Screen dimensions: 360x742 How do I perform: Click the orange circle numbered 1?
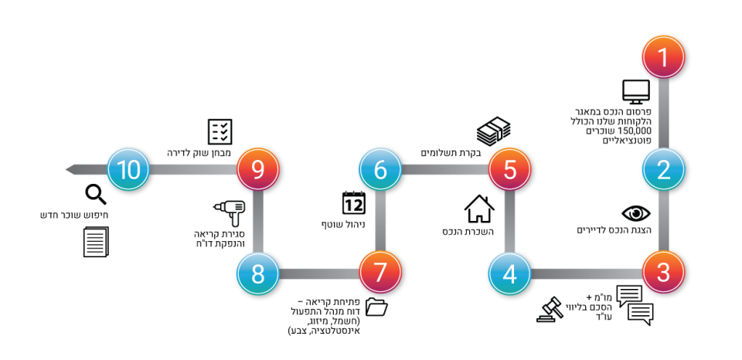pyautogui.click(x=663, y=57)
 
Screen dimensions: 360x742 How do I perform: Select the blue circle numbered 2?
pyautogui.click(x=663, y=169)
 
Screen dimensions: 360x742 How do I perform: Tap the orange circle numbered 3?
pyautogui.click(x=663, y=273)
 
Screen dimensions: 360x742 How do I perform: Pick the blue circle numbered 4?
pyautogui.click(x=509, y=273)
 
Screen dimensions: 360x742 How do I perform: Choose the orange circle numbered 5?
pyautogui.click(x=509, y=169)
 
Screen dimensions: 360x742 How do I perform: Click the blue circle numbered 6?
pyautogui.click(x=380, y=169)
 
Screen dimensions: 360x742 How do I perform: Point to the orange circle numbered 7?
pyautogui.click(x=380, y=273)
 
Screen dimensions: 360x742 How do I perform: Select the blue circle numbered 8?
pyautogui.click(x=257, y=273)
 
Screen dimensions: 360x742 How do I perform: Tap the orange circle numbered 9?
pyautogui.click(x=257, y=169)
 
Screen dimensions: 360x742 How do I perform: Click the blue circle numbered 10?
pyautogui.click(x=128, y=169)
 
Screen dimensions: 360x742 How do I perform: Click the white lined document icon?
pyautogui.click(x=95, y=243)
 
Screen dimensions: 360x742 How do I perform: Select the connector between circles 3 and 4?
pyautogui.click(x=586, y=273)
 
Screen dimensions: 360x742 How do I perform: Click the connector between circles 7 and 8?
pyautogui.click(x=318, y=273)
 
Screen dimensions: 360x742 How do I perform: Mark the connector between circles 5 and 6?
pyautogui.click(x=444, y=169)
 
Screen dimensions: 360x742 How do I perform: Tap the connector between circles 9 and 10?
pyautogui.click(x=192, y=169)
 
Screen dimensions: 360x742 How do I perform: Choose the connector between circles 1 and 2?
pyautogui.click(x=663, y=113)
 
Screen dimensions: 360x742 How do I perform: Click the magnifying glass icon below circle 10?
pyautogui.click(x=95, y=195)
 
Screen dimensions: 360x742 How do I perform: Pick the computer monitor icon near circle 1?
pyautogui.click(x=636, y=91)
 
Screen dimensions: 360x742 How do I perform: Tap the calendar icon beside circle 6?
pyautogui.click(x=354, y=202)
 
